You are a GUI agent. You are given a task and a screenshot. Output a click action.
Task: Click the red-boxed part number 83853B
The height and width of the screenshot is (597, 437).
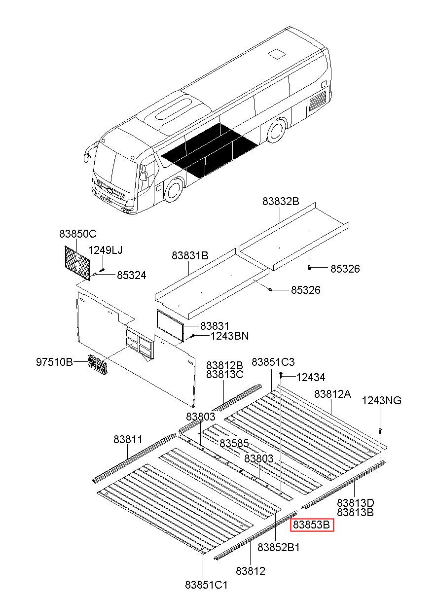pos(313,525)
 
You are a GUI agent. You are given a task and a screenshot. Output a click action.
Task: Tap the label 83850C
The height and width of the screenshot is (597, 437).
pos(78,234)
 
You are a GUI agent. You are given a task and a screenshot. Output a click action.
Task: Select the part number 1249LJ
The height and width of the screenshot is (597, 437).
pos(105,250)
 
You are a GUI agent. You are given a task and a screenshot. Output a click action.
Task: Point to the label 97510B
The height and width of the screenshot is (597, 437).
pos(54,362)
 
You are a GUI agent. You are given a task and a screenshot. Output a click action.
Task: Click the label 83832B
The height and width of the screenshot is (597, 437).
pos(281,201)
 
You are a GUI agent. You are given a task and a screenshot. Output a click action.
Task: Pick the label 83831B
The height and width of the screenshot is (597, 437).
pos(190,256)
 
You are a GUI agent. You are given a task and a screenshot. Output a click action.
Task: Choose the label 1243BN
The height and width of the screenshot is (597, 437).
pos(229,336)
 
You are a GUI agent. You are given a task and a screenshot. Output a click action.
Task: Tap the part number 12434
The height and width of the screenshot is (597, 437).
pos(311,378)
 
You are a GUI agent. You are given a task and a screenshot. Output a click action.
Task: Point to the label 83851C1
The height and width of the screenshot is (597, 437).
pos(206,585)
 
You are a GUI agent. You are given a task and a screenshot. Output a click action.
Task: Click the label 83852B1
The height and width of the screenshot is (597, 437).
pos(279,547)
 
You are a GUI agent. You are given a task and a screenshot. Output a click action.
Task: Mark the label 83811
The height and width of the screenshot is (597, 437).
pos(128,439)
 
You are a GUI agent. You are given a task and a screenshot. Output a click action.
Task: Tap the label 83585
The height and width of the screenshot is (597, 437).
pos(234,444)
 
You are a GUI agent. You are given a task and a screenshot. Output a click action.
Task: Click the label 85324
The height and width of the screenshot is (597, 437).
pos(131,276)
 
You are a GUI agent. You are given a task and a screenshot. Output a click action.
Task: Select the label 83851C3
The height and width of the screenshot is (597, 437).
pos(273,362)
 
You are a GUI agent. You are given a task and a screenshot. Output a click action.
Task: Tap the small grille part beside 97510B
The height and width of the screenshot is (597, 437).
pos(98,365)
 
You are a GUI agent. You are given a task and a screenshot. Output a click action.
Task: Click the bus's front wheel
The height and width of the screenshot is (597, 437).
pos(174,189)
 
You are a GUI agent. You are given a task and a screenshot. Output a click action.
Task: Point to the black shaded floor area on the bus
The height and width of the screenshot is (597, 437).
pos(210,150)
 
